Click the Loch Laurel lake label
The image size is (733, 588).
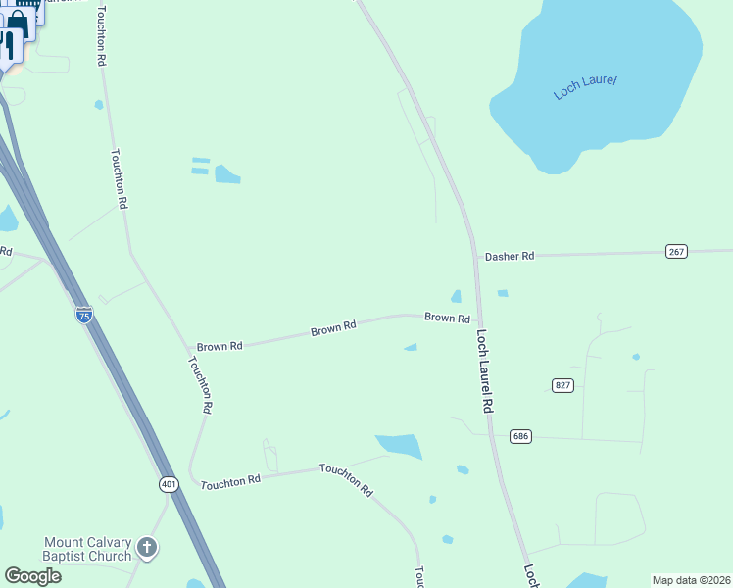[585, 87]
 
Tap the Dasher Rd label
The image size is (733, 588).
[510, 256]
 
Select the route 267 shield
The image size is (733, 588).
[676, 251]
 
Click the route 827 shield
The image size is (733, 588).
[562, 385]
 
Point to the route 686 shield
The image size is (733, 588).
[520, 435]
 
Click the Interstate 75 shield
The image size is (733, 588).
[84, 315]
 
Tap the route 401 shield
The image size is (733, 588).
[169, 484]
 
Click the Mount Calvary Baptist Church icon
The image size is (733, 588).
[147, 547]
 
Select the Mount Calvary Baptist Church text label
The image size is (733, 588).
[87, 549]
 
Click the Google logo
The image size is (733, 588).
[33, 576]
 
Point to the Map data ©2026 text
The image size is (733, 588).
[691, 580]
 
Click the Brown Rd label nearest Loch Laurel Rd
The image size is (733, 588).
[447, 318]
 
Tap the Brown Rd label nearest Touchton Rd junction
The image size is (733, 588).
[220, 346]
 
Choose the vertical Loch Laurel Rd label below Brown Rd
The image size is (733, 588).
[483, 369]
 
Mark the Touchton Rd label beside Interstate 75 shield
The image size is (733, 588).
[120, 178]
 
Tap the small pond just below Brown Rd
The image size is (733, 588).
[411, 347]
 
